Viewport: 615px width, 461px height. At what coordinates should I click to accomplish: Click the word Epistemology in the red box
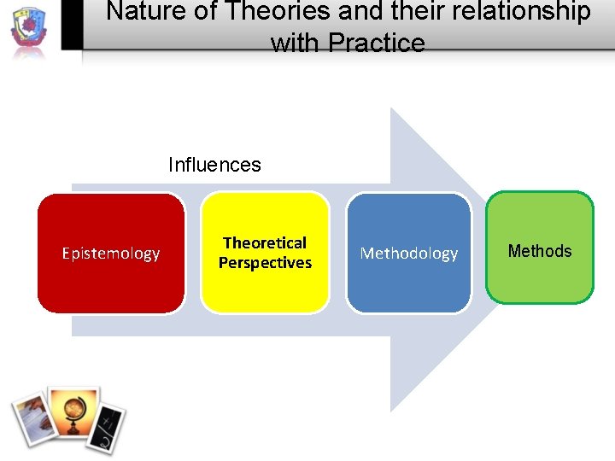pyautogui.click(x=111, y=254)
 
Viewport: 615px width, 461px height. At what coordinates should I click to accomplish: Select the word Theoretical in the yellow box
pyautogui.click(x=265, y=243)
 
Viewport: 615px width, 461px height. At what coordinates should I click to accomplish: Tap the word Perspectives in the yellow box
pyautogui.click(x=265, y=263)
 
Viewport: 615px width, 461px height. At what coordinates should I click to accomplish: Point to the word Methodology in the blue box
pyautogui.click(x=408, y=254)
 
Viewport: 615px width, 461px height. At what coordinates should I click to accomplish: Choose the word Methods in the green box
pyautogui.click(x=540, y=251)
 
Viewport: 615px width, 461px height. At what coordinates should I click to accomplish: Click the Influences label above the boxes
pyautogui.click(x=214, y=165)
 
